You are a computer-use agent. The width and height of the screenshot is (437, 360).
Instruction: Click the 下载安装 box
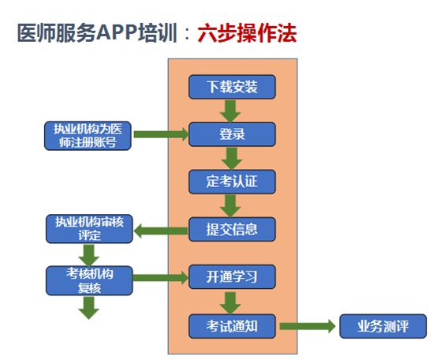coord(232,86)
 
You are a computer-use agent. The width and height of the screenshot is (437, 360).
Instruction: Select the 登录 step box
coord(232,133)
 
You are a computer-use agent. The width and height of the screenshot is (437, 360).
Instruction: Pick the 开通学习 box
coord(232,277)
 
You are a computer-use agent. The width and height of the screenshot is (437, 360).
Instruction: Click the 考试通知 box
coord(232,325)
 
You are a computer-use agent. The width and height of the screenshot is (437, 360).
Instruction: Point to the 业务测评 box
coord(383,325)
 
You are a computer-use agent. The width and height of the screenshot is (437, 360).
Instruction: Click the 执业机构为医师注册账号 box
coord(88,135)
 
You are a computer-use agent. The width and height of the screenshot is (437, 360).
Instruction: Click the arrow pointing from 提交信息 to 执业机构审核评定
coord(160,231)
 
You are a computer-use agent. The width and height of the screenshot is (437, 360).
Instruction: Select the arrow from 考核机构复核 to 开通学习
coord(161,278)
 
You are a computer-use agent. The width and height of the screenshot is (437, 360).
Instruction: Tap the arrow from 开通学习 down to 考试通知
coord(231,301)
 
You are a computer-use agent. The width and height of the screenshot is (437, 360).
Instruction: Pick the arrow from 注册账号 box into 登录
coord(161,134)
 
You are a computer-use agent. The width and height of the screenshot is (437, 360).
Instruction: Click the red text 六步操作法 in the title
coord(247,35)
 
